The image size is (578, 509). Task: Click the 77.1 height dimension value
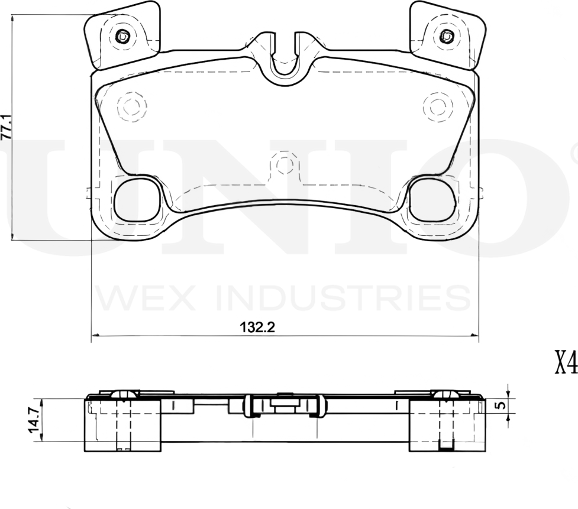7,127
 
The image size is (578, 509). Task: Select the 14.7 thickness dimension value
35,420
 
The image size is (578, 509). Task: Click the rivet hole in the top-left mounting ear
122,36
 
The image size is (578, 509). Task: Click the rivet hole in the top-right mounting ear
446,36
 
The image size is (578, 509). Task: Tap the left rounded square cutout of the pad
137,199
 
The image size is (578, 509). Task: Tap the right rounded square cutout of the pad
432,199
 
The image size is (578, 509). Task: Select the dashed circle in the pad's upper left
131,107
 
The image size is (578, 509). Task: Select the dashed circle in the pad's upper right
438,107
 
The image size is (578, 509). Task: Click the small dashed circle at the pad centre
285,164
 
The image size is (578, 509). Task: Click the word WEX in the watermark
144,298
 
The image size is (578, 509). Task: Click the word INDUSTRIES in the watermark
343,298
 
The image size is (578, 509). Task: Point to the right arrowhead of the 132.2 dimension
474,335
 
